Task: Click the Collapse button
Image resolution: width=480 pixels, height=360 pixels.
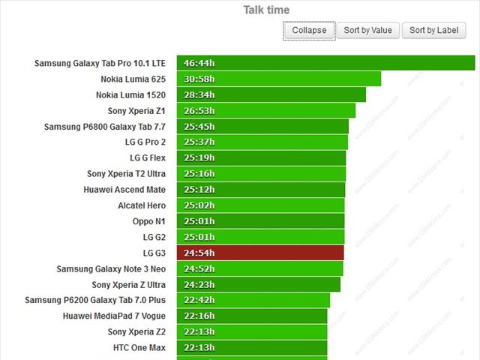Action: pos(309,30)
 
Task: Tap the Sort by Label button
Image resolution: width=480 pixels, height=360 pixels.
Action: pos(434,30)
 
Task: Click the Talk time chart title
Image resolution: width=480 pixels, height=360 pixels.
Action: pos(266,10)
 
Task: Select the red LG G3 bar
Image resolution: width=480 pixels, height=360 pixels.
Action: pos(260,253)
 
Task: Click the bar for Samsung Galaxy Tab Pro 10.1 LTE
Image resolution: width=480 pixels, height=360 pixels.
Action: pos(325,63)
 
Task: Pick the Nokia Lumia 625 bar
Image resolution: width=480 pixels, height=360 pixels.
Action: pos(279,79)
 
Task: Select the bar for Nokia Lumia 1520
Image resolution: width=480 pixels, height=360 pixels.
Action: pos(271,95)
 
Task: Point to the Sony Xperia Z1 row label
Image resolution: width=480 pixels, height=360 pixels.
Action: pos(136,111)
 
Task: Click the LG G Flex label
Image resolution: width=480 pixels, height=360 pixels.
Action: pos(148,158)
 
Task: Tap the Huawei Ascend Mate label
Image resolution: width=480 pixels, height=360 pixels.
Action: pos(124,190)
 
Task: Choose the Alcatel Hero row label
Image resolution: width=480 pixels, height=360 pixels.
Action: pos(142,205)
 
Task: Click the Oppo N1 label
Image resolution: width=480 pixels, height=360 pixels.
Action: pos(149,221)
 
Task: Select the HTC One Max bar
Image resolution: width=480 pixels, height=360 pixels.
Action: pos(252,348)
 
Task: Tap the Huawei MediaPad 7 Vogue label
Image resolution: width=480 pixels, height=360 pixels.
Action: pos(114,316)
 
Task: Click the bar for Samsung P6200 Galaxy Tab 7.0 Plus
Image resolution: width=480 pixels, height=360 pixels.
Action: pos(253,301)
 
